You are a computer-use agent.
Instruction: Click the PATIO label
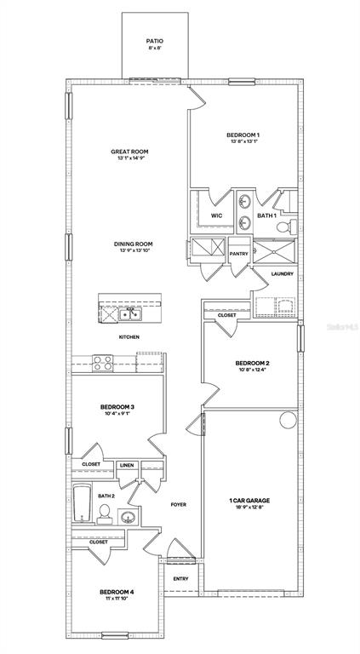pyautogui.click(x=154, y=40)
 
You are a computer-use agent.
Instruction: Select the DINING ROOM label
pyautogui.click(x=134, y=245)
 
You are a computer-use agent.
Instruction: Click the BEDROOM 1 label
pyautogui.click(x=243, y=135)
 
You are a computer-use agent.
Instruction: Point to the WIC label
pyautogui.click(x=216, y=215)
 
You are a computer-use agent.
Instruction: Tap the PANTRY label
pyautogui.click(x=238, y=253)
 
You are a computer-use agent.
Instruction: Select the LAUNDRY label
pyautogui.click(x=282, y=273)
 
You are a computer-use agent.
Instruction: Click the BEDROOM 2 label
pyautogui.click(x=252, y=364)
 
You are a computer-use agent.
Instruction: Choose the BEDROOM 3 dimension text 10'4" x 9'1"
pyautogui.click(x=117, y=415)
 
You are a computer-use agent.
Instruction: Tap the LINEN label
pyautogui.click(x=127, y=465)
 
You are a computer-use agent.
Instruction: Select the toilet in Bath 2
pyautogui.click(x=104, y=512)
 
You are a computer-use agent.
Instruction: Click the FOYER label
pyautogui.click(x=178, y=504)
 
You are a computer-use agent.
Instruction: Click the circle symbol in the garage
pyautogui.click(x=286, y=420)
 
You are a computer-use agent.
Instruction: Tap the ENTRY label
pyautogui.click(x=180, y=579)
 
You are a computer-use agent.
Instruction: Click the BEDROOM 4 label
pyautogui.click(x=117, y=592)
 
